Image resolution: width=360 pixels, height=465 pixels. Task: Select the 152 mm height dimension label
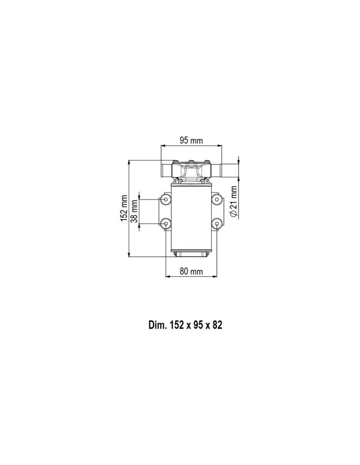point(124,208)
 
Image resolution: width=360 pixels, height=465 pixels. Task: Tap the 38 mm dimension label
point(134,211)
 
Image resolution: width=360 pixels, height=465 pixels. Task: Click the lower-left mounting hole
point(166,224)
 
